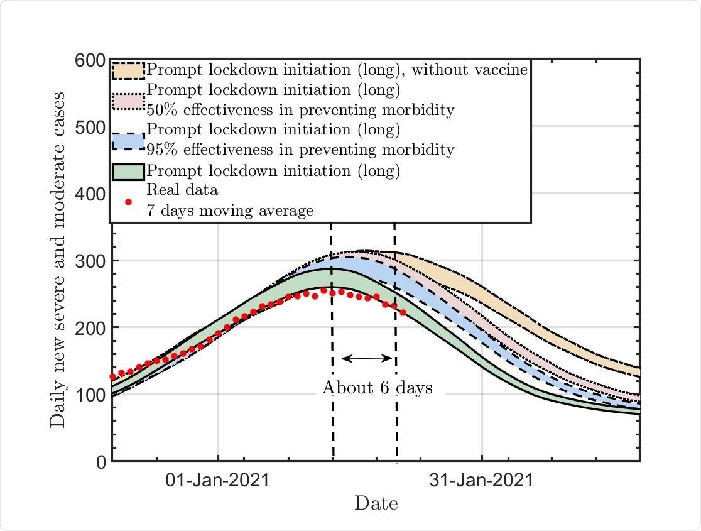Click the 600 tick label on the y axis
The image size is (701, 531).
coord(90,60)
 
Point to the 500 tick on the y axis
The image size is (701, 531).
coord(90,128)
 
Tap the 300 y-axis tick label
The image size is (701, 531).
coord(90,261)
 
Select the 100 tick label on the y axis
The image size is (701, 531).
coord(90,395)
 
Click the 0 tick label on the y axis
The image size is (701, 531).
coord(101,462)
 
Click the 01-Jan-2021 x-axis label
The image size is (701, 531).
coord(217,481)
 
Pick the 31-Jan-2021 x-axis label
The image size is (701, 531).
coord(481,481)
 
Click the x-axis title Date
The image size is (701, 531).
coord(376,503)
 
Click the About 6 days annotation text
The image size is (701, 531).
coord(377,388)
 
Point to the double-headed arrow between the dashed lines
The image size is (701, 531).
coord(366,359)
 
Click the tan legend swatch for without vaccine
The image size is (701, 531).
coord(129,70)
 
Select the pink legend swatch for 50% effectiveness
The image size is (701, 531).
coord(129,101)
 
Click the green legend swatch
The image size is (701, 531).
coord(129,171)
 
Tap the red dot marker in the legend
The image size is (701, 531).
coord(129,202)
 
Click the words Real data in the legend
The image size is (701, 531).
coord(182,190)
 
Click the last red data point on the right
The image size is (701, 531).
coord(403,312)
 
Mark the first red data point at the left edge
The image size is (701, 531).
coord(113,377)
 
